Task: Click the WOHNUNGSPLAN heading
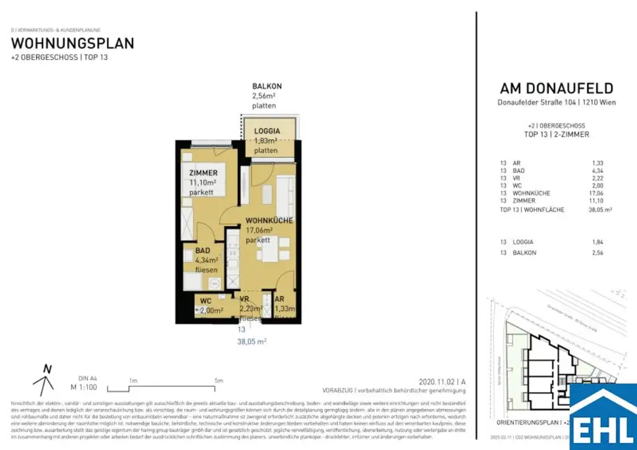(73, 44)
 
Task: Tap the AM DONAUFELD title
(557, 89)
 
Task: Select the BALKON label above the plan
(267, 86)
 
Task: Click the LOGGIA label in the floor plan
(267, 131)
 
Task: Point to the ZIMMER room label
(203, 173)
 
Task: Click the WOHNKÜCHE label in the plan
(269, 221)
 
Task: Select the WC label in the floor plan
(206, 301)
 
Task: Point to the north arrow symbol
(45, 380)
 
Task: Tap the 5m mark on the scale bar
(218, 380)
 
